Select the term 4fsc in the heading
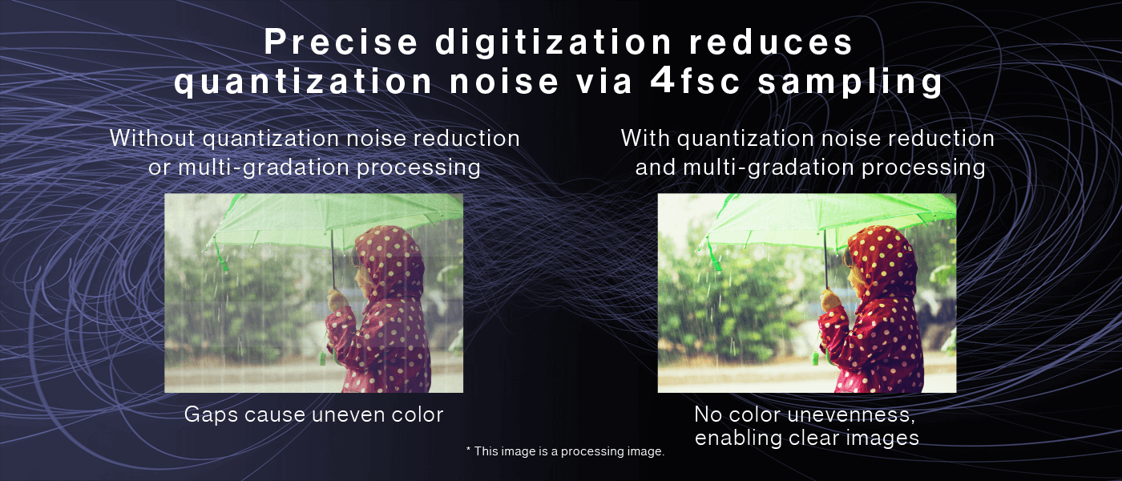point(699,83)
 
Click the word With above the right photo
point(645,138)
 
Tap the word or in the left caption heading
point(160,167)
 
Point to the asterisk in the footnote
point(468,451)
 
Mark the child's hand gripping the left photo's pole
point(337,301)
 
